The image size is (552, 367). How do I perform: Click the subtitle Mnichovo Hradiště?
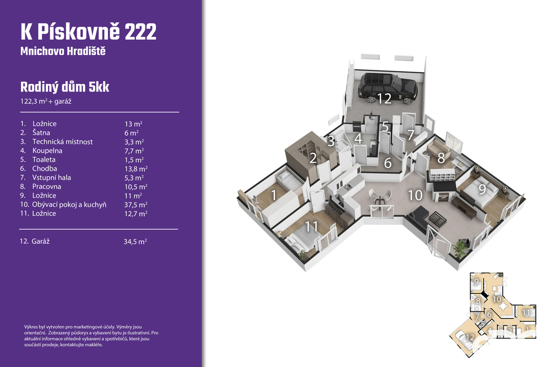(63, 51)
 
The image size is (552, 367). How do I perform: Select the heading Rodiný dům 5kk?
(65, 87)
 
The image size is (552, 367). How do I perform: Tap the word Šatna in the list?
(41, 132)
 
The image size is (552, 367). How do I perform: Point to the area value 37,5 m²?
(136, 204)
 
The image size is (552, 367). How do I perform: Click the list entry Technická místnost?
(63, 142)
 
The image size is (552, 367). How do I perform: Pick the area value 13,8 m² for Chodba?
(136, 169)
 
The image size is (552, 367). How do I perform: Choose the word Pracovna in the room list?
(47, 186)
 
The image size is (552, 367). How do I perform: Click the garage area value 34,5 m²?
(135, 242)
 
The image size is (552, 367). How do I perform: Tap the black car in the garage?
(388, 88)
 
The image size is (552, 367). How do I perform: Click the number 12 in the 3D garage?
(384, 98)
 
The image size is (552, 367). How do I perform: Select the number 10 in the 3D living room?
(415, 195)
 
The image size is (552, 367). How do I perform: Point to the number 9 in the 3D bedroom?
(482, 189)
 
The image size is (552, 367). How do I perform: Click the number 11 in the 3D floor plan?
(312, 227)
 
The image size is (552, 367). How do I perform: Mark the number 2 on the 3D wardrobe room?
(313, 158)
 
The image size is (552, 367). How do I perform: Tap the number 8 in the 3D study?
(441, 158)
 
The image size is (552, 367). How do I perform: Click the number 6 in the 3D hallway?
(388, 163)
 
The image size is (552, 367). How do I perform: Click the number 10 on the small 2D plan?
(496, 299)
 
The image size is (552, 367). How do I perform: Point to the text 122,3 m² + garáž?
(46, 101)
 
